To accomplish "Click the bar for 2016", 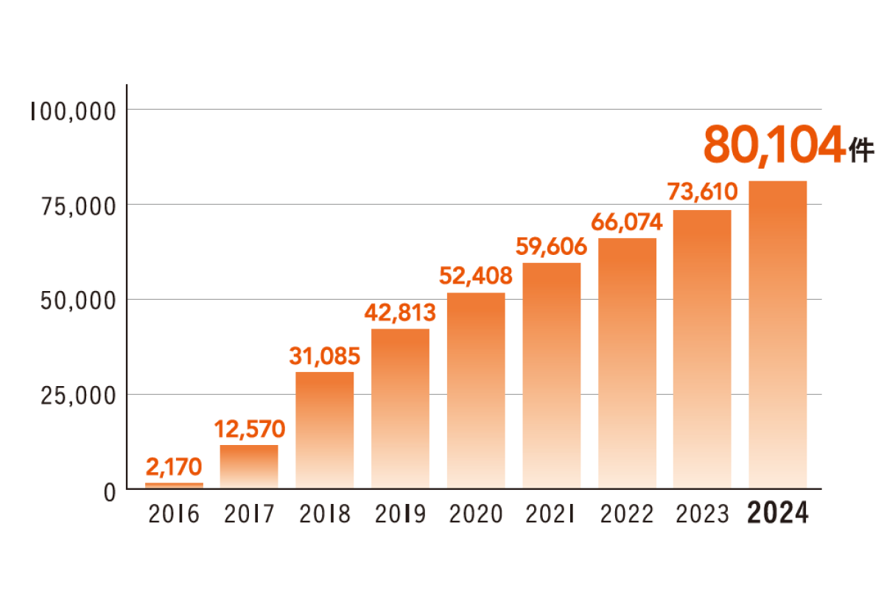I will click(174, 486).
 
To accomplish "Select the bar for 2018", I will click(324, 430).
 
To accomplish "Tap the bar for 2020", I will click(476, 390).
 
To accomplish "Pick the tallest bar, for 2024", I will click(777, 334).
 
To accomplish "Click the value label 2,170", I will click(174, 466).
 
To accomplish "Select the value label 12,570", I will click(249, 428).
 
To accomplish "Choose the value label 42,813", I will click(400, 312).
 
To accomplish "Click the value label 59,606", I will click(551, 247).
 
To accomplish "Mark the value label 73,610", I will click(702, 194).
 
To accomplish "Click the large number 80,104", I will click(773, 144).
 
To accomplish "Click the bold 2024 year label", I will click(778, 514).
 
